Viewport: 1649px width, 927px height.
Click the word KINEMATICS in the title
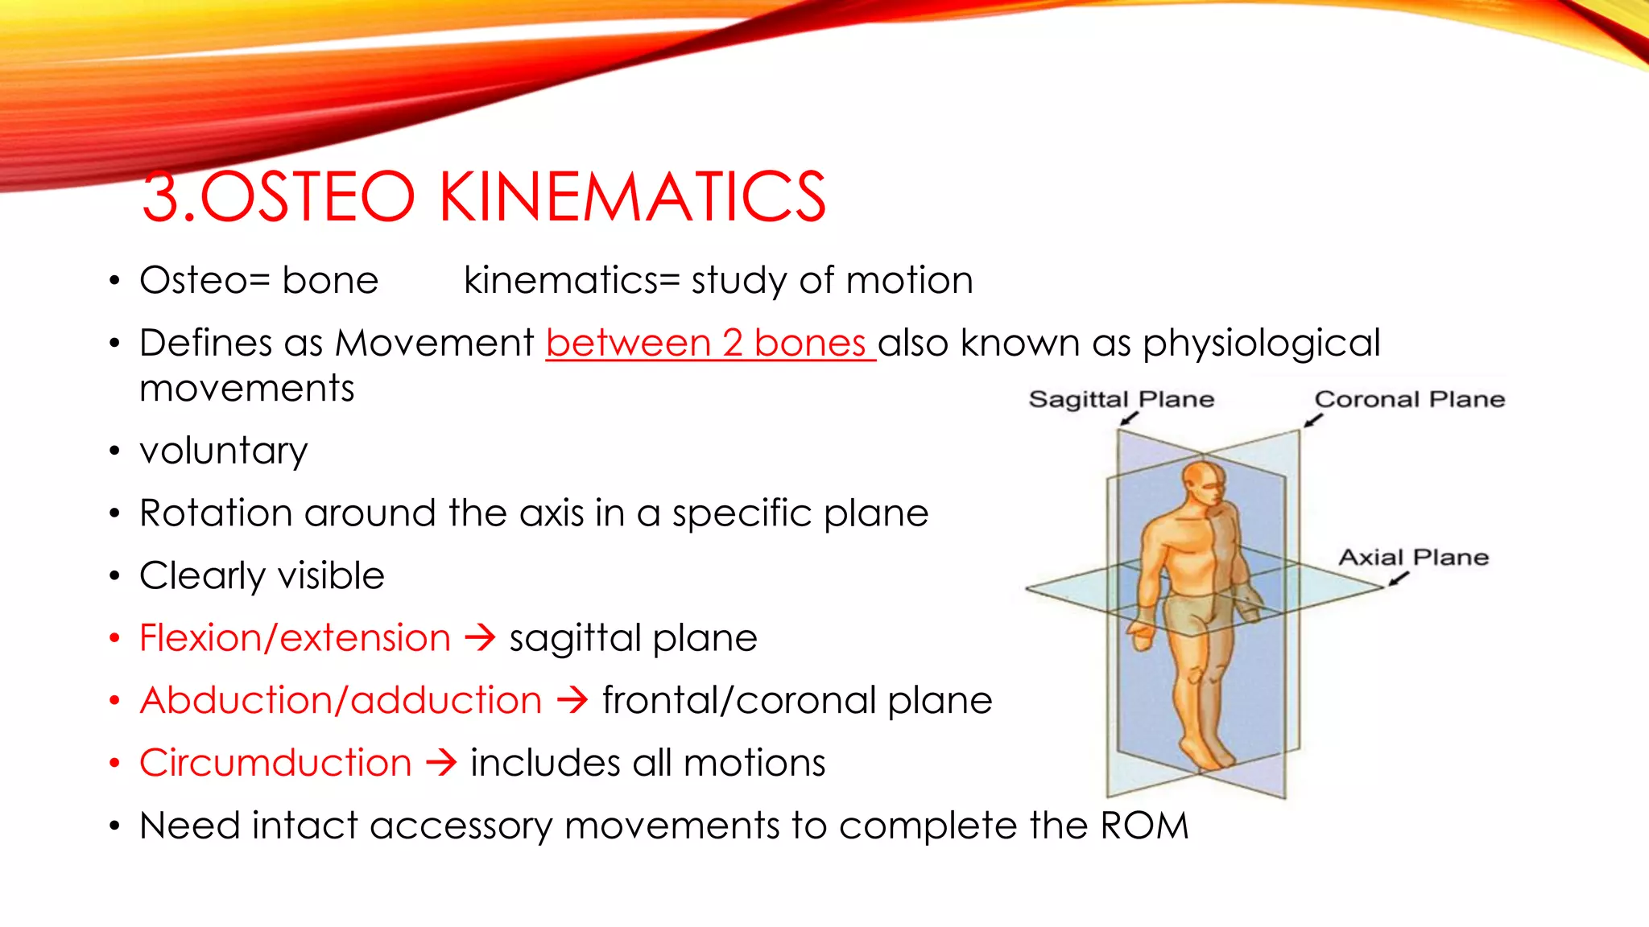(633, 197)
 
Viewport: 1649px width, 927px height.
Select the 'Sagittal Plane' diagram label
(1121, 399)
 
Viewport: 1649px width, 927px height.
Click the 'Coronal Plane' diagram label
(1409, 399)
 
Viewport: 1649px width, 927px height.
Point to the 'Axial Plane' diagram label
(1413, 557)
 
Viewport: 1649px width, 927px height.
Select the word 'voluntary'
(223, 451)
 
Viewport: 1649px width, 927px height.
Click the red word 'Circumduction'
(275, 763)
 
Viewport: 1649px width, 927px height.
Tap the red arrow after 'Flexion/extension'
(481, 638)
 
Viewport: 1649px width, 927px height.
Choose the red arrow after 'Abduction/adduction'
(572, 700)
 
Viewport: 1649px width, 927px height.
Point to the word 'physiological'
(1261, 344)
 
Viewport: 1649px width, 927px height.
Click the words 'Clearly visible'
(262, 575)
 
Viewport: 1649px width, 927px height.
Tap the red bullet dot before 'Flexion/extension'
(115, 638)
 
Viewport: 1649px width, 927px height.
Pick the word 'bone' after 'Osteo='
(330, 281)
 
